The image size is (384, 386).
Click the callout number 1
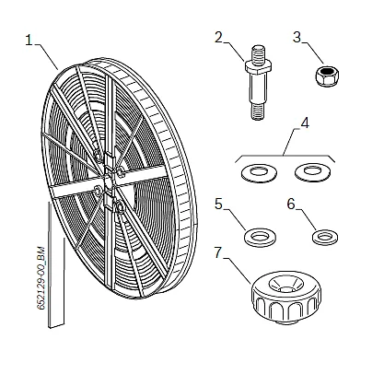pyautogui.click(x=29, y=41)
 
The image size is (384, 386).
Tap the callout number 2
pyautogui.click(x=218, y=38)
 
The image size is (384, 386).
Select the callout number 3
pyautogui.click(x=297, y=37)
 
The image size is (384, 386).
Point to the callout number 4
pyautogui.click(x=305, y=123)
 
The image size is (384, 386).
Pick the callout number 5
pyautogui.click(x=218, y=205)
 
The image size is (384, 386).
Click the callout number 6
pyautogui.click(x=291, y=204)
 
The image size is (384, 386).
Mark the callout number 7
pyautogui.click(x=218, y=252)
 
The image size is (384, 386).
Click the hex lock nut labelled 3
pyautogui.click(x=327, y=76)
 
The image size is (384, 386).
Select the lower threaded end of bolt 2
pyautogui.click(x=259, y=111)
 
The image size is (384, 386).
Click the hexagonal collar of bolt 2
pyautogui.click(x=258, y=66)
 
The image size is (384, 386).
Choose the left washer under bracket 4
pyautogui.click(x=259, y=173)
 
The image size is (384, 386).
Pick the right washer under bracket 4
pyautogui.click(x=312, y=172)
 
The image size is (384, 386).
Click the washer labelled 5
pyautogui.click(x=260, y=237)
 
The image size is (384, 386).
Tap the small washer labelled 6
pyautogui.click(x=325, y=238)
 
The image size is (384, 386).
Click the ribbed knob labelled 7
pyautogui.click(x=286, y=298)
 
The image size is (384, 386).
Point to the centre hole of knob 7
pyautogui.click(x=286, y=289)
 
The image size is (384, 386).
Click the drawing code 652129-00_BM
pyautogui.click(x=41, y=278)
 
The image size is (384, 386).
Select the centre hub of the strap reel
pyautogui.click(x=109, y=182)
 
